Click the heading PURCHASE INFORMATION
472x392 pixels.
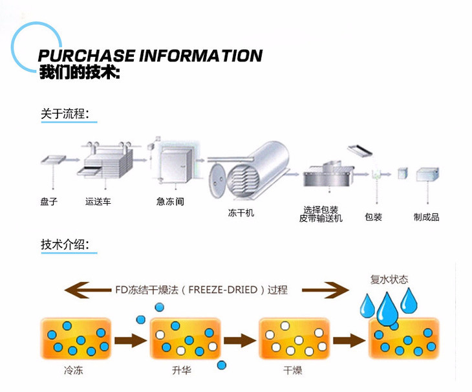point(150,56)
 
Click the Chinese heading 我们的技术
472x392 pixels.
point(79,72)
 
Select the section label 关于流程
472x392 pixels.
point(69,114)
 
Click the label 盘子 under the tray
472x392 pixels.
point(49,201)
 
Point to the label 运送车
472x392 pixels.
point(98,201)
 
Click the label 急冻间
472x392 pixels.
point(170,201)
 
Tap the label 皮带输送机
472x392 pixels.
point(321,219)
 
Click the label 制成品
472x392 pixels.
point(426,217)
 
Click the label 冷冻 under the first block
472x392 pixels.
point(74,371)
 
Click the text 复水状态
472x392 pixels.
point(389,279)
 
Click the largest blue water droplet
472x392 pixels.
point(387,309)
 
